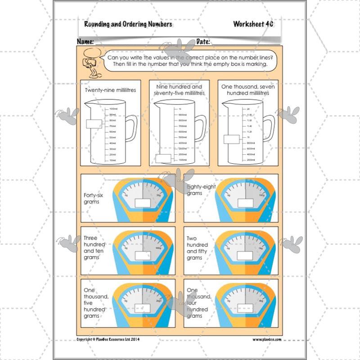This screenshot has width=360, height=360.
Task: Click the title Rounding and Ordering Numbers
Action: pyautogui.click(x=128, y=24)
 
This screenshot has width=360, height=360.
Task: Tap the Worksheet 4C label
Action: pyautogui.click(x=253, y=24)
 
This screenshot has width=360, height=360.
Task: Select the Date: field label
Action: pyautogui.click(x=203, y=41)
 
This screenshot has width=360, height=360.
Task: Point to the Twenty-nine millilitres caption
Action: pyautogui.click(x=110, y=90)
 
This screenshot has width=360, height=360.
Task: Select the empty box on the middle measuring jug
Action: pyautogui.click(x=163, y=158)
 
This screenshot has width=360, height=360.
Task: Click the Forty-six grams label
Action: pyautogui.click(x=92, y=198)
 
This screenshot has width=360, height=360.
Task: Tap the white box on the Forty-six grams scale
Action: pyautogui.click(x=143, y=203)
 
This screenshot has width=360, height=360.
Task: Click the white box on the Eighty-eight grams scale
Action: pyautogui.click(x=247, y=203)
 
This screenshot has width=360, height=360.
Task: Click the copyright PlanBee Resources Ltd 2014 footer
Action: pyautogui.click(x=108, y=339)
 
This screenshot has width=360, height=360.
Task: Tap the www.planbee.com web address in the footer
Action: pyautogui.click(x=267, y=339)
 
